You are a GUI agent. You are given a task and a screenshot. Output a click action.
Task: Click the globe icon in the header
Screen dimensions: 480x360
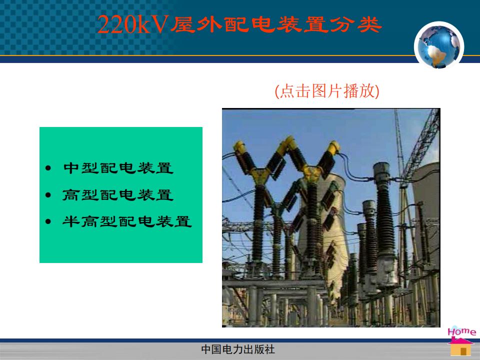(x=438, y=46)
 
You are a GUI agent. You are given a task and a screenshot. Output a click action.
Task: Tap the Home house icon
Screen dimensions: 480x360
(x=460, y=346)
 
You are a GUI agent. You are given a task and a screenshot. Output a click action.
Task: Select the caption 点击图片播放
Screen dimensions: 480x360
(x=327, y=91)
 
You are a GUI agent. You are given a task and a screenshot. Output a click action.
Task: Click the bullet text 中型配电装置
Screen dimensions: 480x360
(x=118, y=168)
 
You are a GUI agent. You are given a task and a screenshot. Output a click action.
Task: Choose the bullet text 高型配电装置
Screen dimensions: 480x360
(x=118, y=194)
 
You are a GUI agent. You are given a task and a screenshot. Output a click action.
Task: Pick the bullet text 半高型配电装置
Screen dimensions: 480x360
(x=127, y=221)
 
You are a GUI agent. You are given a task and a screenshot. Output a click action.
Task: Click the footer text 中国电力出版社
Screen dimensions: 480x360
(x=238, y=349)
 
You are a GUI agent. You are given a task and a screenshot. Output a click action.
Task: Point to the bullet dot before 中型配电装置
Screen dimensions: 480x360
(x=48, y=168)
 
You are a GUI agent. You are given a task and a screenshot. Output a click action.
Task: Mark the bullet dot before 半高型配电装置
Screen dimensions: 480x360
(x=48, y=221)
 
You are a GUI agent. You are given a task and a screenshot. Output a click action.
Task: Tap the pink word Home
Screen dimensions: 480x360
(x=461, y=331)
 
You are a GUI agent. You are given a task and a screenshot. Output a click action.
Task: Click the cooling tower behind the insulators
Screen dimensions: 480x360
(x=324, y=232)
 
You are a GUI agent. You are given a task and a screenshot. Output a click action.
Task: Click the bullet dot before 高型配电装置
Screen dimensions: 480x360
(x=48, y=194)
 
